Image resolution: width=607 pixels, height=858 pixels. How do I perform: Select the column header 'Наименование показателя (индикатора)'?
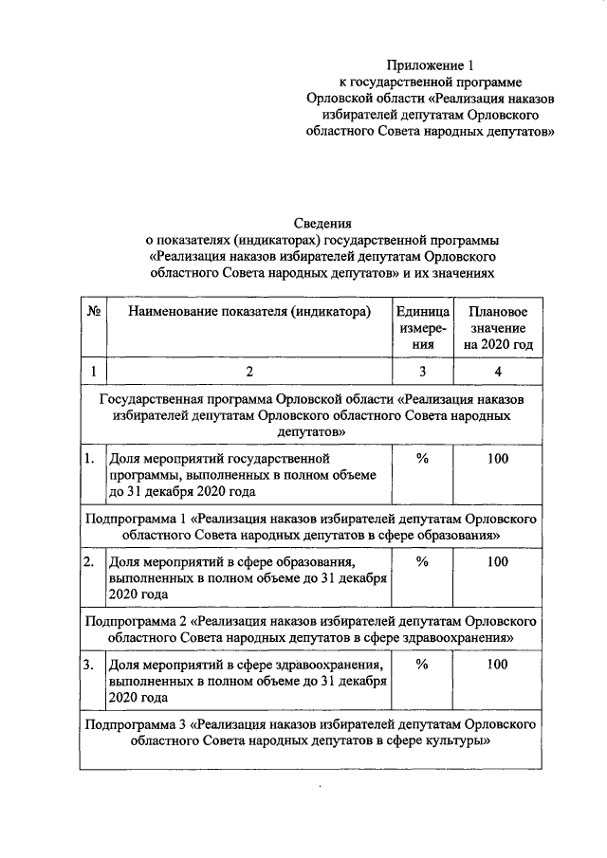coord(249,312)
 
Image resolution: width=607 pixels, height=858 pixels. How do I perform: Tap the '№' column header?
coord(94,312)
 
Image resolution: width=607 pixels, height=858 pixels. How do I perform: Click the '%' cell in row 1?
coord(422,459)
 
